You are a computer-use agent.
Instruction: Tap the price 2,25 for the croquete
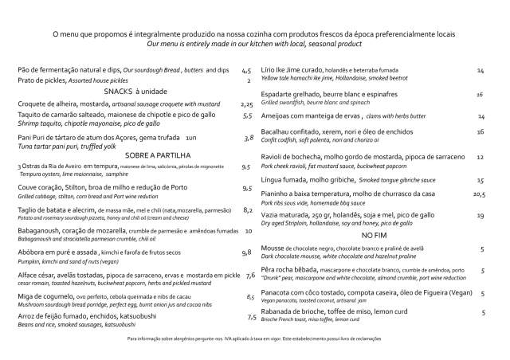click(246, 104)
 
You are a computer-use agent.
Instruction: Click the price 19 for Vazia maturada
click(481, 215)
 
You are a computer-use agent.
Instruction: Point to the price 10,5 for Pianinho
click(479, 194)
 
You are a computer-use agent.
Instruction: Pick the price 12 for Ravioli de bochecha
click(481, 157)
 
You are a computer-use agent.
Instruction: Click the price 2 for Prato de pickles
click(249, 80)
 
